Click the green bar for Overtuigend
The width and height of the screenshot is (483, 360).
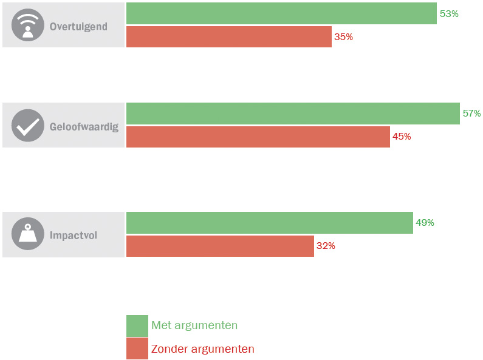(281, 13)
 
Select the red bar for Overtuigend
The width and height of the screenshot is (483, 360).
(229, 37)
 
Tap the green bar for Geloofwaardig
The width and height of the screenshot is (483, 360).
(293, 114)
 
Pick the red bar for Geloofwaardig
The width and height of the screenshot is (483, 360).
(258, 137)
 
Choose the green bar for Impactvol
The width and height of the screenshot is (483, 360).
(269, 223)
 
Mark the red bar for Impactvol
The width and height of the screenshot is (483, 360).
(220, 246)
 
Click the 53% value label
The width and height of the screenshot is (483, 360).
(449, 13)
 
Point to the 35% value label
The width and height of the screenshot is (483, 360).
(343, 37)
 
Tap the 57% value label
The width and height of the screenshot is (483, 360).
(471, 114)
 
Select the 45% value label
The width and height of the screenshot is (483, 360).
(402, 137)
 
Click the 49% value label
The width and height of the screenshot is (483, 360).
(425, 223)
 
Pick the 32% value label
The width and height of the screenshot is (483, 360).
(326, 246)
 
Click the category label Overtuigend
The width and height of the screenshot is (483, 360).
(78, 26)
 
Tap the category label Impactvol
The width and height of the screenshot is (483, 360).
(74, 235)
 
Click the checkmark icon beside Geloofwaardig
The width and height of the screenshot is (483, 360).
(28, 126)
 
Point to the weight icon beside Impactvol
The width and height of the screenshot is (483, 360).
(28, 234)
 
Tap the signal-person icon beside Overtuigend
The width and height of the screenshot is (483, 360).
(28, 25)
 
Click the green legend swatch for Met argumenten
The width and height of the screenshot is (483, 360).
(137, 325)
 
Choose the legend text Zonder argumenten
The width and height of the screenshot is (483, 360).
(203, 349)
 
